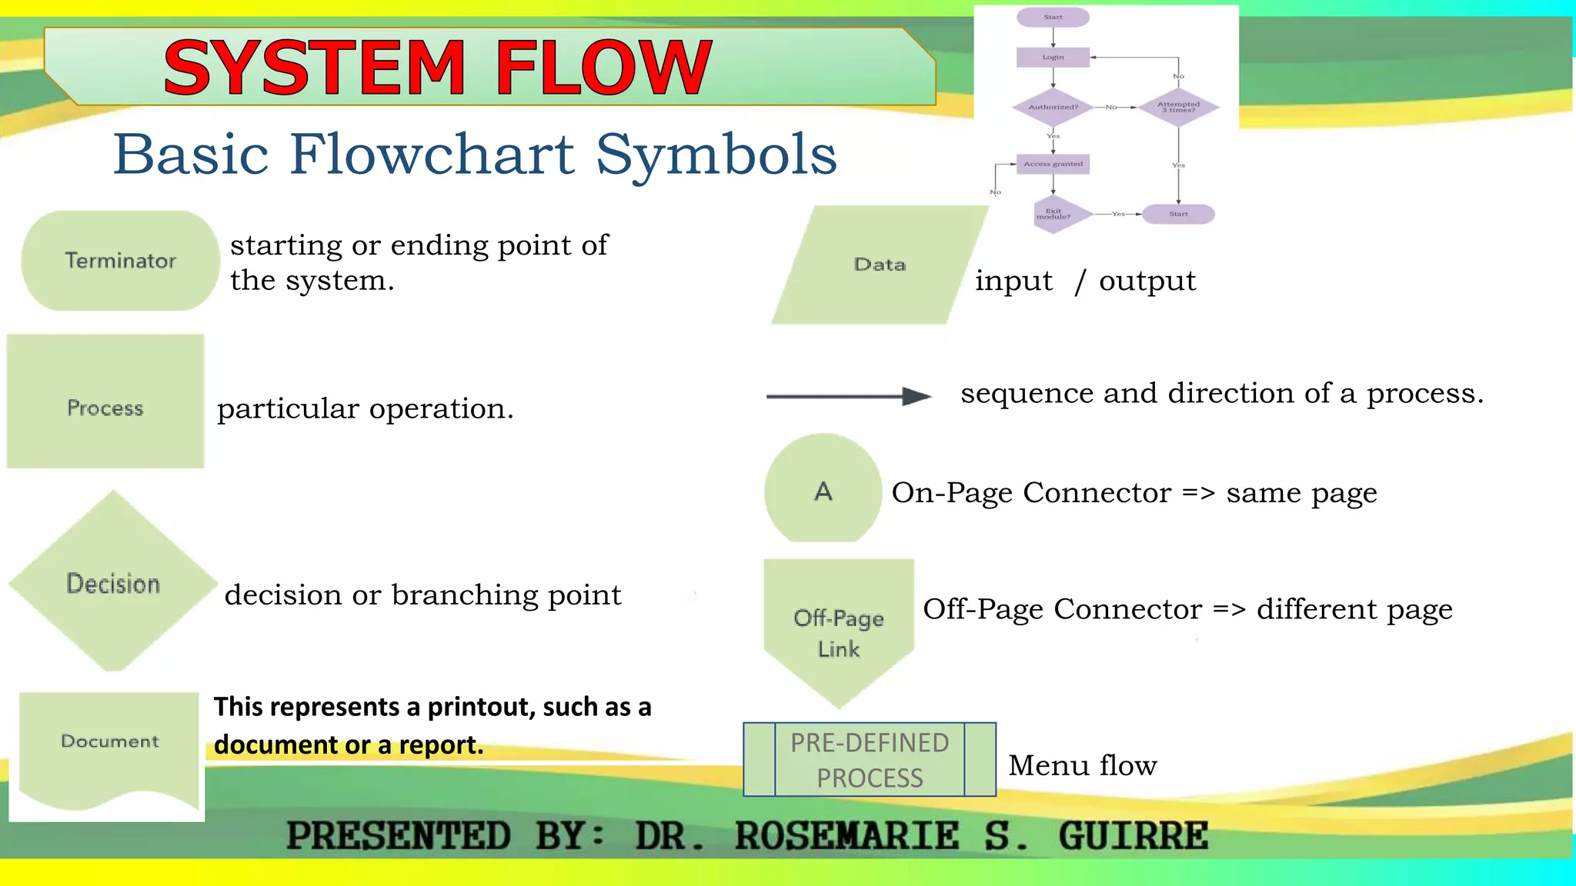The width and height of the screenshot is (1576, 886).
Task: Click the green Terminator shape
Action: [x=120, y=261]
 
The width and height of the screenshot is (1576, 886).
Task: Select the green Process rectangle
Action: [x=105, y=401]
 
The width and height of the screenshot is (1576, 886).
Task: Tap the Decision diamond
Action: [x=113, y=582]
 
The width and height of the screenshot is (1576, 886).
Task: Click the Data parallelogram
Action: [x=880, y=265]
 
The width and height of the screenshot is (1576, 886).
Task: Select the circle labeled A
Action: [x=823, y=490]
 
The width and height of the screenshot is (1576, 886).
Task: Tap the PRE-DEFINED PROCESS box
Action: [x=870, y=760]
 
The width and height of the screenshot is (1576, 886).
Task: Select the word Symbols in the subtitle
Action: [x=716, y=155]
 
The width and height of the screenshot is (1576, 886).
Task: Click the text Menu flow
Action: [x=1082, y=765]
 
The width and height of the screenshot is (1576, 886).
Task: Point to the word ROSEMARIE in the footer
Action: [x=846, y=836]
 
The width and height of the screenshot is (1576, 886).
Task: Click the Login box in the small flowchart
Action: [x=1053, y=57]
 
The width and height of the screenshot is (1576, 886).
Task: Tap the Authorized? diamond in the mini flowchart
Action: [x=1053, y=107]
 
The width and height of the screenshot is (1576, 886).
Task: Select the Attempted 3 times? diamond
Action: [x=1178, y=107]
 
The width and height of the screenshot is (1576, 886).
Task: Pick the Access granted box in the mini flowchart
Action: [x=1053, y=164]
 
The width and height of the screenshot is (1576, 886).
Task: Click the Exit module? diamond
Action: [x=1053, y=214]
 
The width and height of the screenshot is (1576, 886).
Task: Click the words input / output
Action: [x=1085, y=281]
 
